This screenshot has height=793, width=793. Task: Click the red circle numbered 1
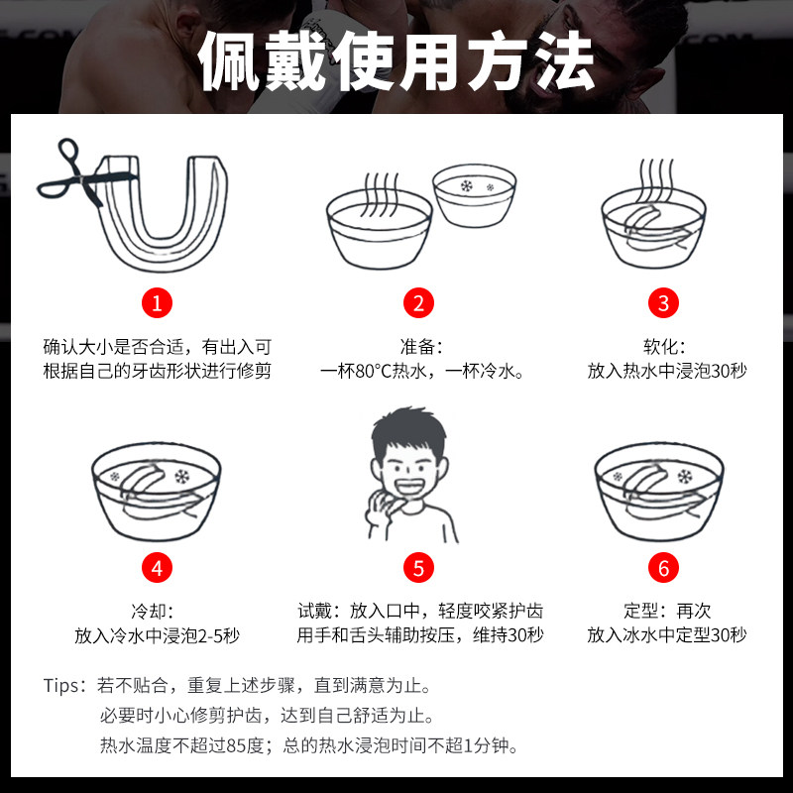pyautogui.click(x=157, y=303)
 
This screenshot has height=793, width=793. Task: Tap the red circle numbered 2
pyautogui.click(x=418, y=303)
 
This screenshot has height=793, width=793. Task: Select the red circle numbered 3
pyautogui.click(x=663, y=303)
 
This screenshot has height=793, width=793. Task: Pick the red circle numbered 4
pyautogui.click(x=157, y=567)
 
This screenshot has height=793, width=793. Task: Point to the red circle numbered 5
pyautogui.click(x=418, y=567)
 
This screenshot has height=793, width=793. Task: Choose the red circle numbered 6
pyautogui.click(x=663, y=567)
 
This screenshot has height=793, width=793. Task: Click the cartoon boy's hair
pyautogui.click(x=408, y=430)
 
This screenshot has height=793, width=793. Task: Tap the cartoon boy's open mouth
pyautogui.click(x=408, y=488)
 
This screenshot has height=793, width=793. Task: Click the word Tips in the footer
pyautogui.click(x=61, y=686)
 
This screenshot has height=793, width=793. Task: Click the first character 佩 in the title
pyautogui.click(x=230, y=60)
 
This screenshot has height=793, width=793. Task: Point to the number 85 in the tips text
pyautogui.click(x=236, y=745)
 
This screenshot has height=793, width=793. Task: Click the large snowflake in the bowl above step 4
pyautogui.click(x=181, y=477)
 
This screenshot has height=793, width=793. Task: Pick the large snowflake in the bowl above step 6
pyautogui.click(x=685, y=477)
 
